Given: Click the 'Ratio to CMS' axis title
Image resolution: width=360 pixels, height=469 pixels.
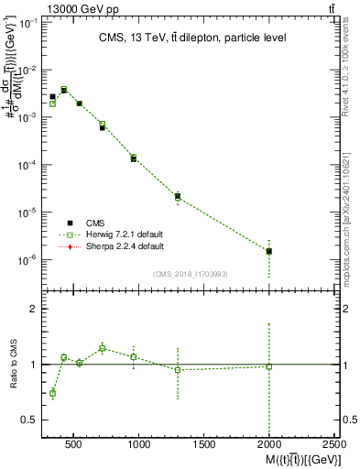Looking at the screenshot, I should click(11, 365).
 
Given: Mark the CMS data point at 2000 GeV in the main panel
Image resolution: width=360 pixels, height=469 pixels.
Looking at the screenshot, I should click(268, 250).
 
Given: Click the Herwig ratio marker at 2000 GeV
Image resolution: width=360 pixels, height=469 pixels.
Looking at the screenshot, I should click(268, 366).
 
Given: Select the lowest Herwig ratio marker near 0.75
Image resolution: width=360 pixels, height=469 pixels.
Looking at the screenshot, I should click(52, 393).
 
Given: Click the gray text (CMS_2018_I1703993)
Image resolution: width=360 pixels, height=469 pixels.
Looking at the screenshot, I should click(191, 273).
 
